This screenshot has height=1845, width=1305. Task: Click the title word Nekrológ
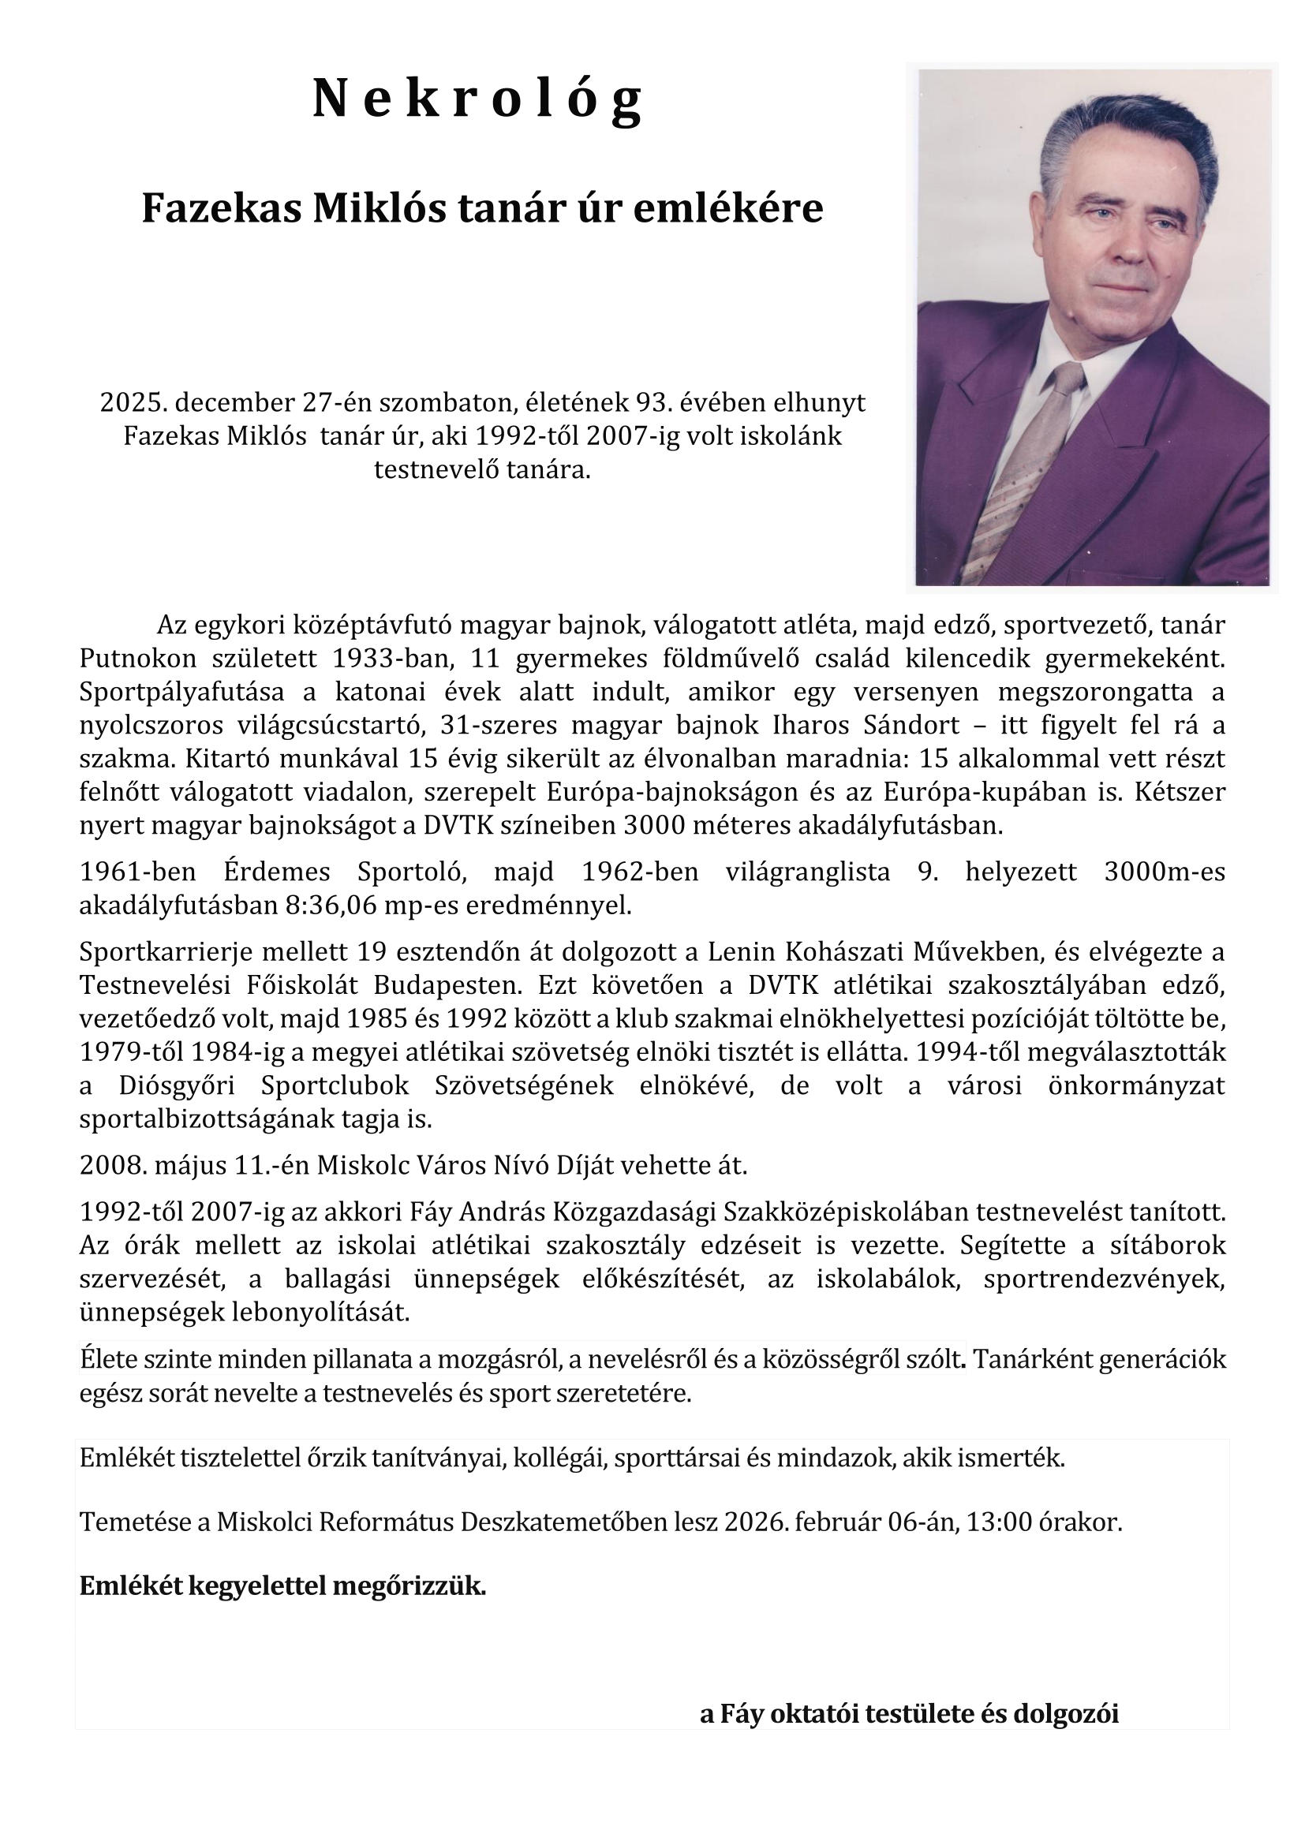tap(479, 99)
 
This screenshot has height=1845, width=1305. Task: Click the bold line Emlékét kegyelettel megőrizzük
tap(283, 1586)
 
